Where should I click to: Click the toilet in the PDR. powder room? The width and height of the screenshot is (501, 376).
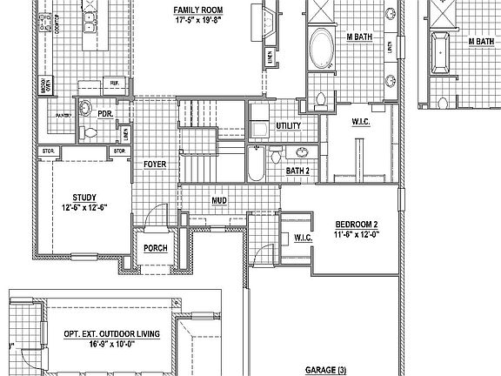[x=85, y=108]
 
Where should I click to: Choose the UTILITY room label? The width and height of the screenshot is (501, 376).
[x=289, y=125]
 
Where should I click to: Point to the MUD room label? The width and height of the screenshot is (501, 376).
[x=220, y=200]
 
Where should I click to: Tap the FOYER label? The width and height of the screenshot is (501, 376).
[x=155, y=163]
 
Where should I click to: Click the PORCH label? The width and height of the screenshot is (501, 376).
[x=156, y=248]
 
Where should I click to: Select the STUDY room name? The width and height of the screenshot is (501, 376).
[x=84, y=198]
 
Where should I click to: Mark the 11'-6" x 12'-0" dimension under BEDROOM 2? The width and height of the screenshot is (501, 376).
[x=358, y=234]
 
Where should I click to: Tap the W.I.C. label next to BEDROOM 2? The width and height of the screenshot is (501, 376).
[x=304, y=237]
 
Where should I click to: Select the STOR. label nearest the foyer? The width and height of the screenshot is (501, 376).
[x=120, y=152]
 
